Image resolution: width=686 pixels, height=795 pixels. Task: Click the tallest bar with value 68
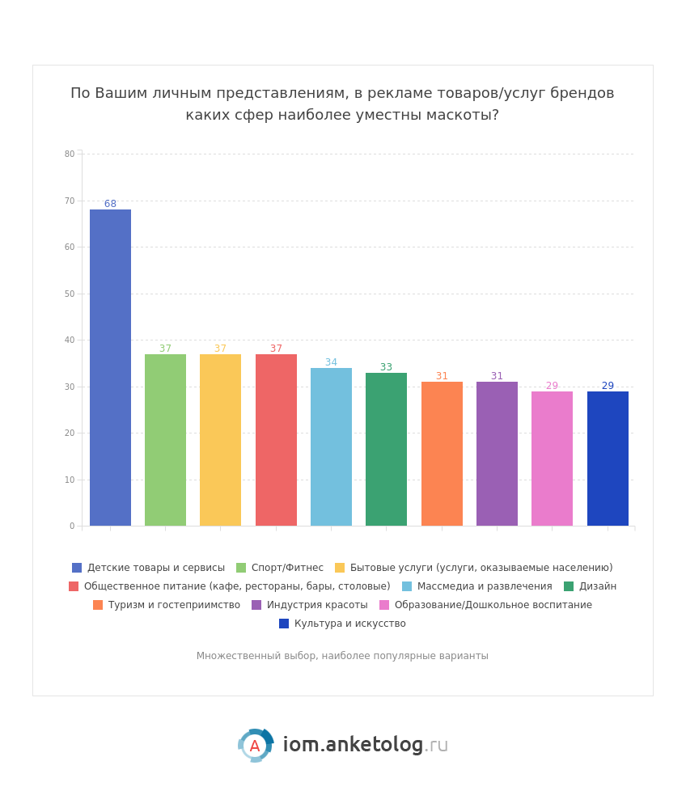coord(110,368)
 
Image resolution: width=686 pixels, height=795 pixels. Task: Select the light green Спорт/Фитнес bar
coord(165,440)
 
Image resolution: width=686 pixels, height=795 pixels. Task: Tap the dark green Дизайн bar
coord(386,449)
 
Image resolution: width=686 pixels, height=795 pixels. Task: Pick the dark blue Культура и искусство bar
coord(608,459)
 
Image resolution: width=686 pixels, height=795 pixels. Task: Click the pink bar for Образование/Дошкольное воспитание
coord(552,459)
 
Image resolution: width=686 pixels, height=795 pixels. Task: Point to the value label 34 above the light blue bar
coord(331,362)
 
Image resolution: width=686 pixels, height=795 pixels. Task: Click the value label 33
coord(386,367)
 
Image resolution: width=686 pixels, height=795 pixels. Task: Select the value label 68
coord(110,204)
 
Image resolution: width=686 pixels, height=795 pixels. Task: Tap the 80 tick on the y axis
coord(70,154)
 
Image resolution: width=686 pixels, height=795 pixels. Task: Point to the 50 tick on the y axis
coord(70,294)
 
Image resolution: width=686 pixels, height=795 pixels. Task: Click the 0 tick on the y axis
coord(72,526)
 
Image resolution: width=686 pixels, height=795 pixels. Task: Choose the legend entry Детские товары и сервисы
coord(155,568)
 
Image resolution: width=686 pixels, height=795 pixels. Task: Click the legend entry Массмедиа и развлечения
coord(484,586)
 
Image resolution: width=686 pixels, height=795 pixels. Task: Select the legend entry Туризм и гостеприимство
coord(174,605)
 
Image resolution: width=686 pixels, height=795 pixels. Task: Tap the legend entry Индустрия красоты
coord(316,605)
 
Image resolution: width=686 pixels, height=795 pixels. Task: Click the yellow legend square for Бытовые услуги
coord(340,568)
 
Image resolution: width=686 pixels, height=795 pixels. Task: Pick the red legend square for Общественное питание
coord(74,586)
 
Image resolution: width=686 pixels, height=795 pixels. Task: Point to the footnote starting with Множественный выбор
coord(342,656)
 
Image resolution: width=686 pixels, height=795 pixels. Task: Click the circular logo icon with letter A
coord(255,746)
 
